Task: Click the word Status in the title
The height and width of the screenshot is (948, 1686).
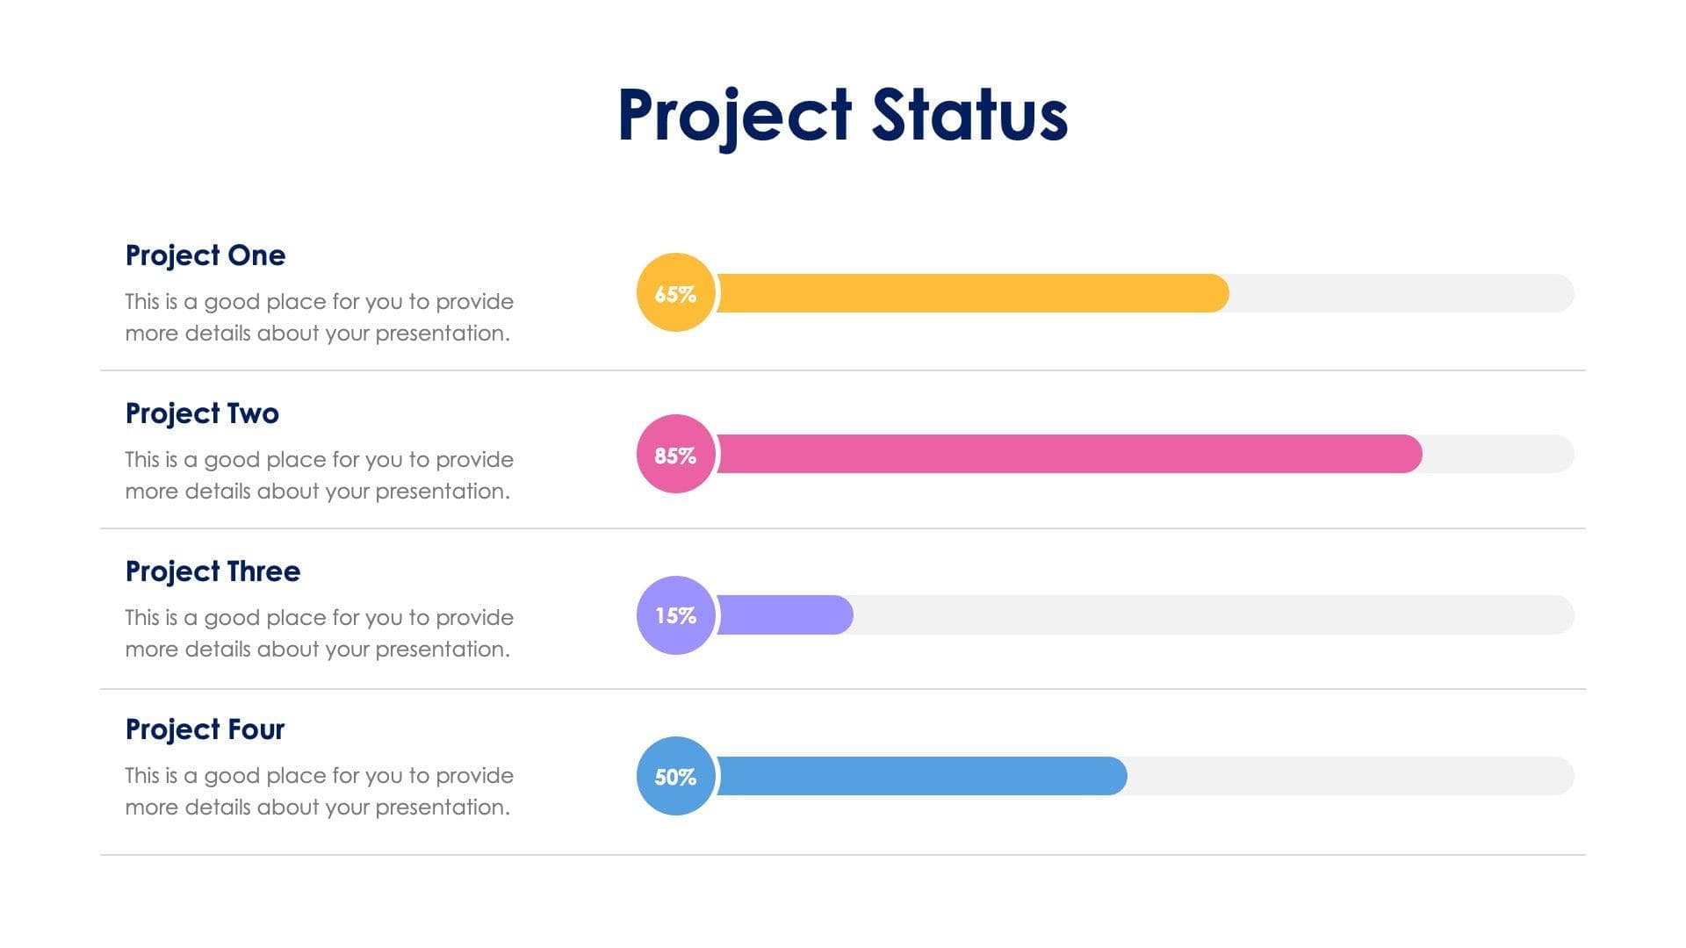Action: coord(969,114)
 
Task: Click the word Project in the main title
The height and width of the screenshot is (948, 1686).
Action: coord(734,114)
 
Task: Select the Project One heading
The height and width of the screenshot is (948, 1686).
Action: coord(205,255)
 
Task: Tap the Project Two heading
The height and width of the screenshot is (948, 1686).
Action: coord(202,413)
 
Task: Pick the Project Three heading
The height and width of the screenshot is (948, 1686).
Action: coord(213,571)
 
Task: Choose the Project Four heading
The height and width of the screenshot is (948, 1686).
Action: coord(205,729)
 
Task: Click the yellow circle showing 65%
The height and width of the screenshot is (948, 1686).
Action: coord(675,293)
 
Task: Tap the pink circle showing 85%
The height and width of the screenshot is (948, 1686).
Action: coord(675,455)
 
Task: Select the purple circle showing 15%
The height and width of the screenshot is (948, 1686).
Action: coord(675,615)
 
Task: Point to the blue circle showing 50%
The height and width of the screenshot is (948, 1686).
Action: coord(675,776)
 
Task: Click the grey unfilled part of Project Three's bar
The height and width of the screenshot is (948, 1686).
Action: coord(1212,614)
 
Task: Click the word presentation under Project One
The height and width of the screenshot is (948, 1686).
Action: coord(442,334)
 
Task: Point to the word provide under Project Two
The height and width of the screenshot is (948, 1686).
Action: coord(474,460)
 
